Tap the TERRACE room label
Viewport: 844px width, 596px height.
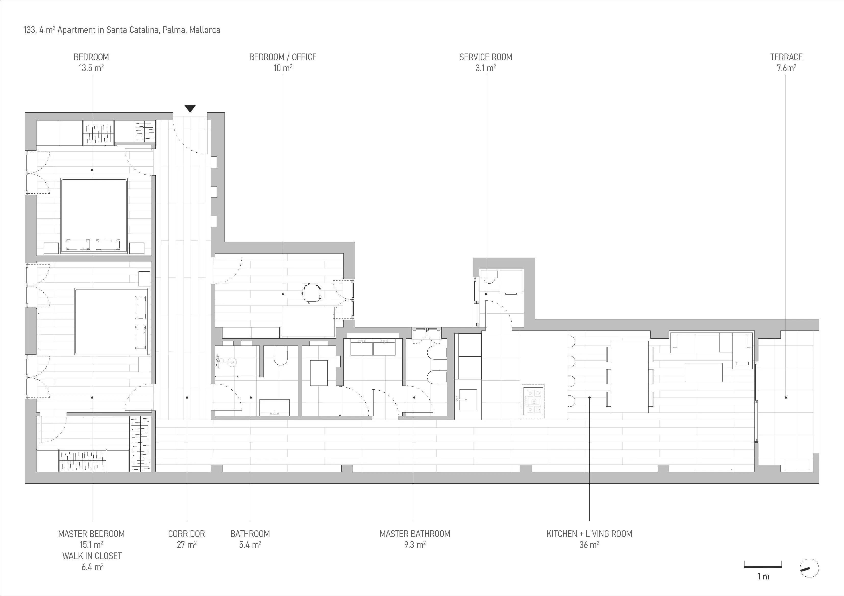click(x=786, y=57)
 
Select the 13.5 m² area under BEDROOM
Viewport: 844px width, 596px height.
click(x=91, y=68)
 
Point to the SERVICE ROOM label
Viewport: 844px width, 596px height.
click(x=486, y=57)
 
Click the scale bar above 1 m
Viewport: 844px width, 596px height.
click(x=763, y=567)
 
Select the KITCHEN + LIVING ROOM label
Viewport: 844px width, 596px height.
click(x=589, y=534)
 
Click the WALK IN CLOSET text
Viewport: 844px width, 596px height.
click(x=92, y=556)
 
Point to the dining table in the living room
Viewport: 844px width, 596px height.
click(x=629, y=376)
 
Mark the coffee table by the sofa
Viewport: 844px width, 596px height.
click(x=704, y=372)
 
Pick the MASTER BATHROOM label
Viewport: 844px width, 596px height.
click(x=415, y=534)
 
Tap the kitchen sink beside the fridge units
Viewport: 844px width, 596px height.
click(x=468, y=400)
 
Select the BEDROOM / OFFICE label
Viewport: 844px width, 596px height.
click(x=283, y=57)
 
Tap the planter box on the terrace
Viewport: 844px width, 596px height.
click(x=797, y=464)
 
